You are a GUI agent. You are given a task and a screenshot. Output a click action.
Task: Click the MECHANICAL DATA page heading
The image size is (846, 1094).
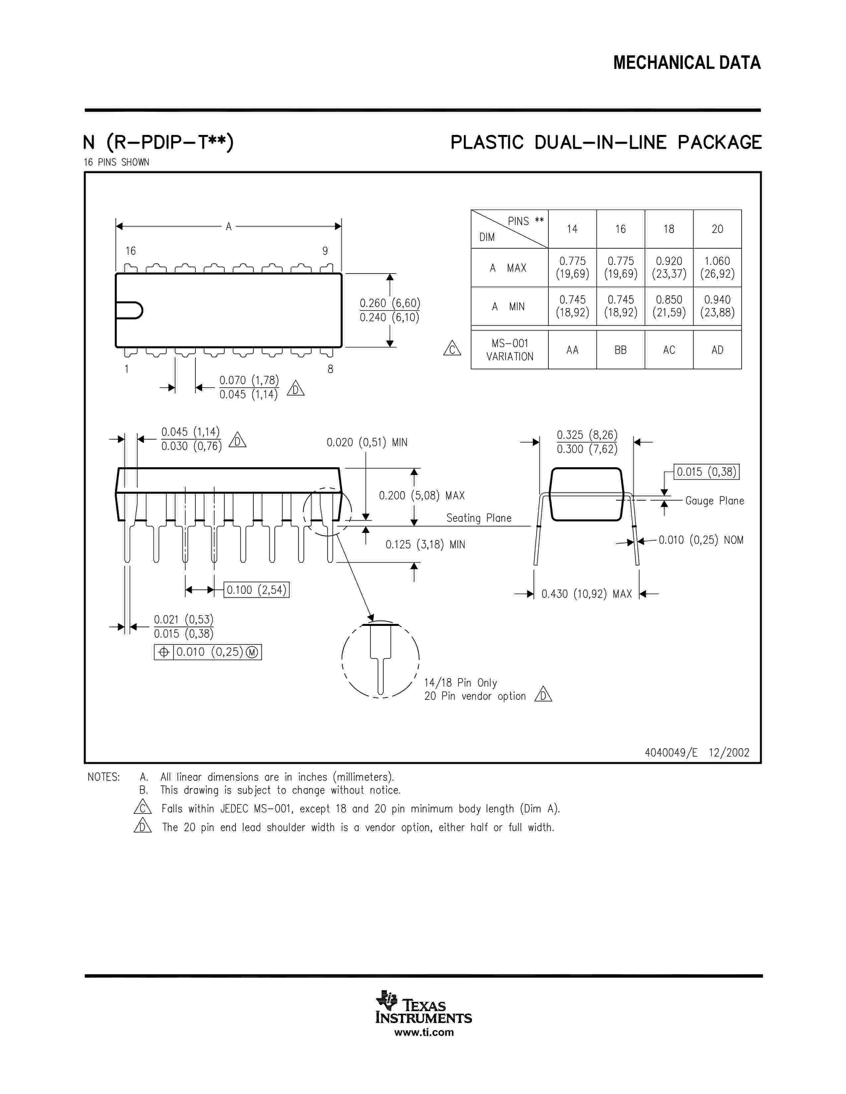[x=687, y=63]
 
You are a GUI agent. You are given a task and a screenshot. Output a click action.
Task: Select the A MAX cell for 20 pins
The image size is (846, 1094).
[x=717, y=268]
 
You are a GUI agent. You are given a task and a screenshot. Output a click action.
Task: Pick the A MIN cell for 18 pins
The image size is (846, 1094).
[x=669, y=306]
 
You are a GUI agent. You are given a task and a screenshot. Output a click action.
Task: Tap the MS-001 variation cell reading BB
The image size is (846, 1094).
[x=620, y=350]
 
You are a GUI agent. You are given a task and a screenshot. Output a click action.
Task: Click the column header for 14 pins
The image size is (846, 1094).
[x=572, y=229]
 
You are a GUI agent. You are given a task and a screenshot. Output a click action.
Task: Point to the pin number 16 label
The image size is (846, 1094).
[x=130, y=251]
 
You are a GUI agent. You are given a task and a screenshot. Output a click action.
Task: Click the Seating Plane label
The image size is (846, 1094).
[x=479, y=518]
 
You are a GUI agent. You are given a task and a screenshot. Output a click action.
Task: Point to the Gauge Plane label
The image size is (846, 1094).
[x=714, y=500]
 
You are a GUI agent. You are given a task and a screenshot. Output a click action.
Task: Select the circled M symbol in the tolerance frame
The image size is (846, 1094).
[x=252, y=652]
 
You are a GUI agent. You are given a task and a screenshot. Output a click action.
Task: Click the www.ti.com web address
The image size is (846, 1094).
[x=424, y=1032]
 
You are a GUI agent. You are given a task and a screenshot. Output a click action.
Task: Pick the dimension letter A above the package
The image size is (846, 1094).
[x=229, y=226]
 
